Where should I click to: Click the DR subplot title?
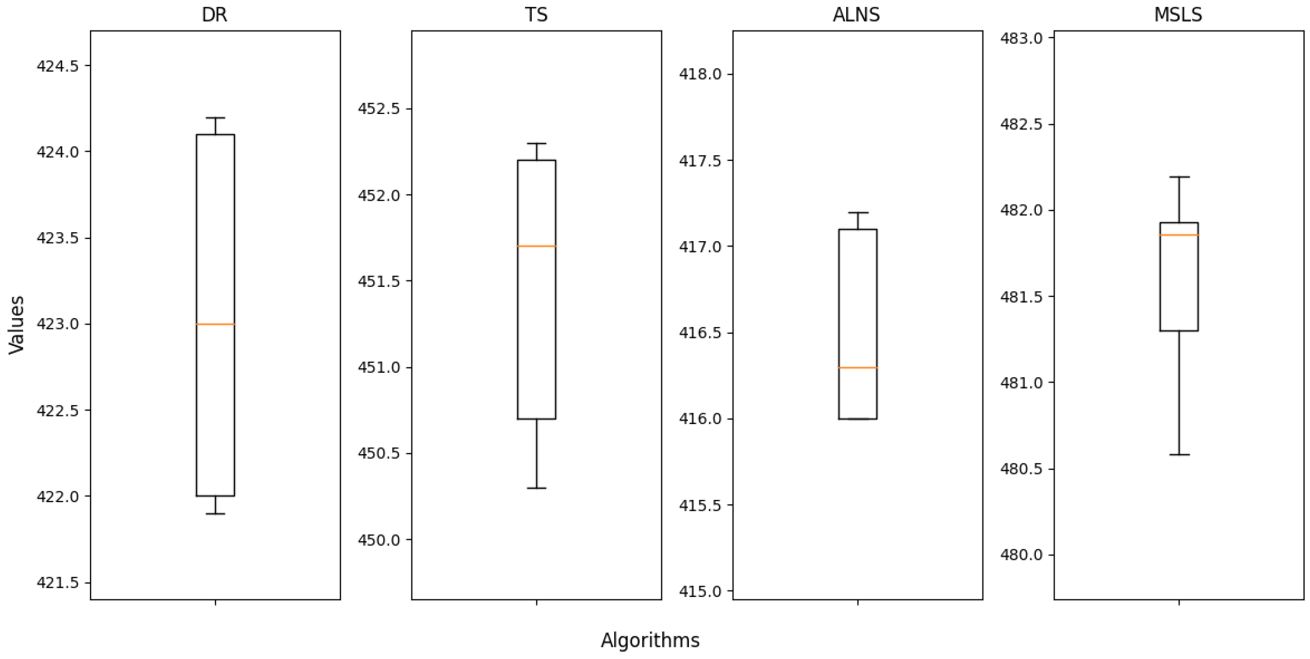tap(215, 15)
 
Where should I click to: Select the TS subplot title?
tap(536, 15)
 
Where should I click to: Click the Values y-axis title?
tap(17, 324)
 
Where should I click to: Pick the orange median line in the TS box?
tap(536, 246)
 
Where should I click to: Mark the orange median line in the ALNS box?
tap(858, 367)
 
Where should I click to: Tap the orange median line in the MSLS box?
tap(1179, 235)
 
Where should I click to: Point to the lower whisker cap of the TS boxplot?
tap(536, 488)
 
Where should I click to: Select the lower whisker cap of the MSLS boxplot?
tap(1179, 455)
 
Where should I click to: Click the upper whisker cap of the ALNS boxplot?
tap(858, 212)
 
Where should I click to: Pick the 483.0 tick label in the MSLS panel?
tap(1021, 38)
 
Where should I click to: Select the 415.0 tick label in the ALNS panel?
tap(700, 591)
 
